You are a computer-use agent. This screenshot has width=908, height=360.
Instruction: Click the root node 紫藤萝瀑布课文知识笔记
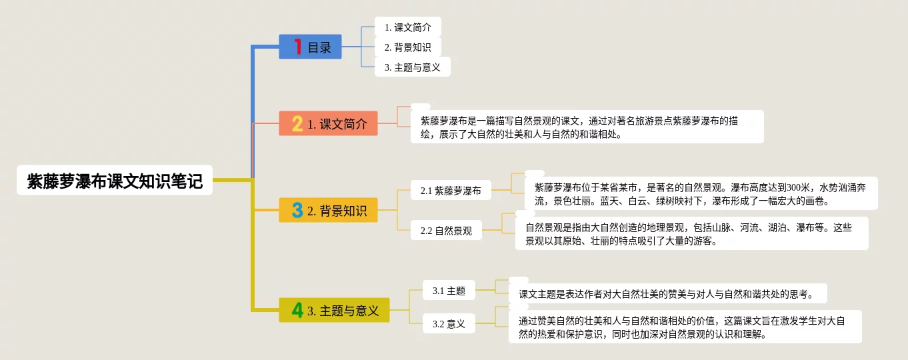(x=115, y=181)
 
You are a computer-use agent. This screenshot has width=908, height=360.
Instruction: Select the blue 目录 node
(x=310, y=47)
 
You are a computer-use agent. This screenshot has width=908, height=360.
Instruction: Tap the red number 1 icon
(x=298, y=47)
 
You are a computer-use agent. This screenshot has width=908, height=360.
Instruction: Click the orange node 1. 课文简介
(x=329, y=123)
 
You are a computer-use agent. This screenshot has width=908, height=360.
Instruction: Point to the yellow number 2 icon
(x=297, y=123)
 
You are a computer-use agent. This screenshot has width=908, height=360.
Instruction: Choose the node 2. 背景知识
(x=329, y=210)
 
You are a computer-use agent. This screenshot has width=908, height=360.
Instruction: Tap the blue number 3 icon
(x=297, y=210)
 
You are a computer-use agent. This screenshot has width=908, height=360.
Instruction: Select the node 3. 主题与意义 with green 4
(x=335, y=310)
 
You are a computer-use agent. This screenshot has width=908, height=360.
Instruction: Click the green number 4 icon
(x=297, y=310)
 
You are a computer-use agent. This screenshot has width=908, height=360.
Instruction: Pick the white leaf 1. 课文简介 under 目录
(x=408, y=27)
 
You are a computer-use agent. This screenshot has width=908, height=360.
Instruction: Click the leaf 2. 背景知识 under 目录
(x=408, y=47)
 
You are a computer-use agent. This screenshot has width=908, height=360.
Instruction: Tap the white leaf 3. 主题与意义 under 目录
(x=412, y=67)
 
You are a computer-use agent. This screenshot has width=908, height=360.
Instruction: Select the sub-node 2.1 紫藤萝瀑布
(x=451, y=190)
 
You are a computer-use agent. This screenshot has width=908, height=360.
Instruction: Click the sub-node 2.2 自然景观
(x=446, y=230)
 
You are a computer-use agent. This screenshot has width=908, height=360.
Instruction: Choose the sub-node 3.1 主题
(x=449, y=290)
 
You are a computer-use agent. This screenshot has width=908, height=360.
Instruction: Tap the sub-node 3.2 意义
(x=449, y=323)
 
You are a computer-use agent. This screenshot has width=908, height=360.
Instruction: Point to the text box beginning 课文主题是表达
(x=667, y=293)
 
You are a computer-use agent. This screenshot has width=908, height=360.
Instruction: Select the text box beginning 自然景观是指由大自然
(x=692, y=233)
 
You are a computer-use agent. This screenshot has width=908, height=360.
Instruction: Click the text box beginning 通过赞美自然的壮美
(x=685, y=327)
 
